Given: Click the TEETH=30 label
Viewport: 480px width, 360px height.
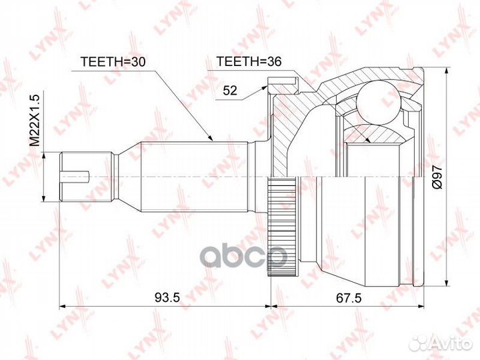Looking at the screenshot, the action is pyautogui.click(x=113, y=61).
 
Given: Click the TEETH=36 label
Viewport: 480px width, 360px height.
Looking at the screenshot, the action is pyautogui.click(x=249, y=61).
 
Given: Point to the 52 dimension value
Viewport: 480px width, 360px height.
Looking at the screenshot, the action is pyautogui.click(x=230, y=90).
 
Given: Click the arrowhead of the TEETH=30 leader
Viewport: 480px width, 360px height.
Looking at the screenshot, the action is pyautogui.click(x=210, y=139).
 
